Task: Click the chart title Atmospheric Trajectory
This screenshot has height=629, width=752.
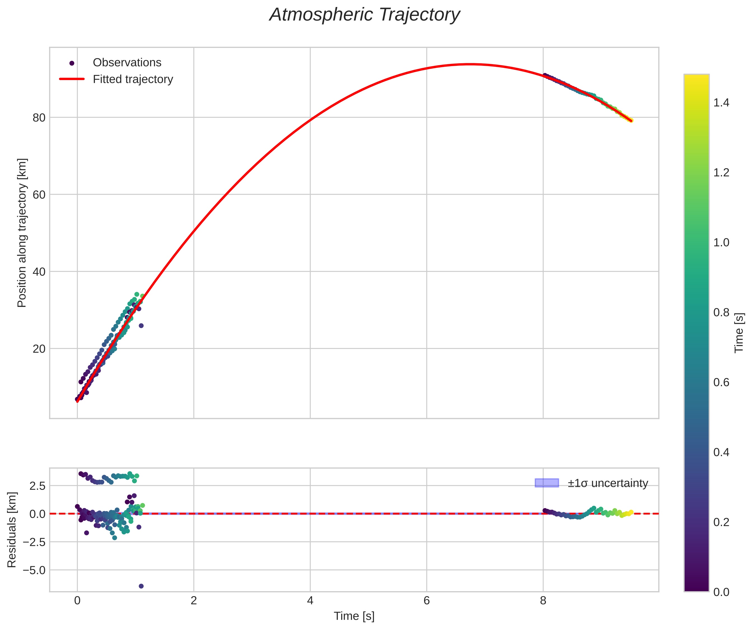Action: click(x=365, y=15)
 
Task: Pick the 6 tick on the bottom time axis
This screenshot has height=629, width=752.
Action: click(x=427, y=600)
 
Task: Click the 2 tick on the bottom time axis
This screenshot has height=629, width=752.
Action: click(x=194, y=600)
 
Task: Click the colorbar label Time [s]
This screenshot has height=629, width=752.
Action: click(x=739, y=333)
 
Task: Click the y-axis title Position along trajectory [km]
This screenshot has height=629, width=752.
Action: click(x=22, y=233)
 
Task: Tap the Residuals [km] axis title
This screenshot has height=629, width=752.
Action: click(x=12, y=530)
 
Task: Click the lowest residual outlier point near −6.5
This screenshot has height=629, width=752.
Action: click(x=141, y=586)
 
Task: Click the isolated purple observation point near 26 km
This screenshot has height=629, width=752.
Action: click(x=141, y=325)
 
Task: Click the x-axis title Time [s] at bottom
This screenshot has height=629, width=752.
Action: click(x=354, y=616)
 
